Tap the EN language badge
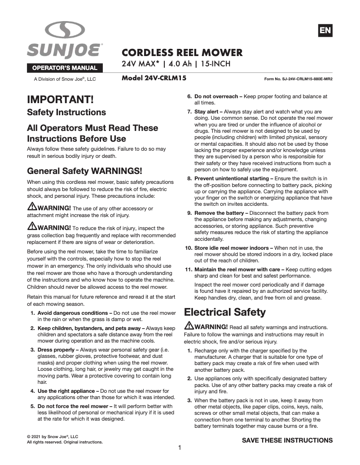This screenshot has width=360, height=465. tap(325, 30)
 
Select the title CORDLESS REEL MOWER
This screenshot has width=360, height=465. tap(182, 53)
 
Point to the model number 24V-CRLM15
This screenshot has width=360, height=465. tap(154, 78)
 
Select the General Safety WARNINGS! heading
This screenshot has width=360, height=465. tap(85, 171)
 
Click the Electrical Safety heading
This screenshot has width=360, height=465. tap(225, 312)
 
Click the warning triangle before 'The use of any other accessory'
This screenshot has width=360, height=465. tap(32, 207)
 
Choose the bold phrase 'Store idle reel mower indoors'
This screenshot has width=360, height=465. tap(234, 248)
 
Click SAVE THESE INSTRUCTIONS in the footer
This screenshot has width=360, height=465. tap(287, 440)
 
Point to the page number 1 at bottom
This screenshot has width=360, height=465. tap(180, 448)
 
